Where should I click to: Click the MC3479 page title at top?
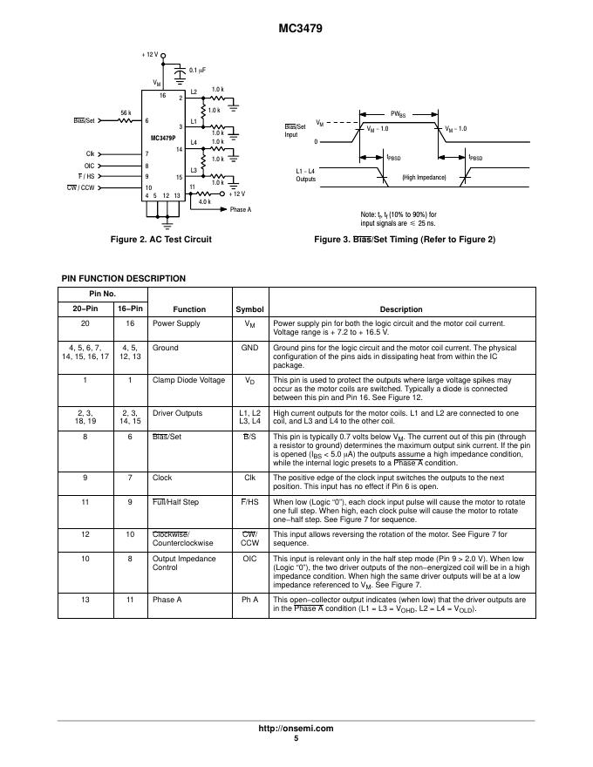click(296, 27)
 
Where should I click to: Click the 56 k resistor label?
click(126, 112)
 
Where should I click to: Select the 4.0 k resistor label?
click(204, 201)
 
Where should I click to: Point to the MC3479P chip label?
click(162, 138)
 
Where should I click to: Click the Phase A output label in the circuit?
click(240, 210)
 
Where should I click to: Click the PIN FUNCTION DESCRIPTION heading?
click(123, 279)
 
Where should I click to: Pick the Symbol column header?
click(249, 309)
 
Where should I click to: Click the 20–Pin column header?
click(84, 309)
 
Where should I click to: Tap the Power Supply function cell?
click(176, 323)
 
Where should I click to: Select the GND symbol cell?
click(249, 348)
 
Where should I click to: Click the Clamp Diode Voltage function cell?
click(188, 381)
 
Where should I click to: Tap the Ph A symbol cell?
click(249, 601)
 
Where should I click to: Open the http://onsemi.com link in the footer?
click(296, 728)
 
